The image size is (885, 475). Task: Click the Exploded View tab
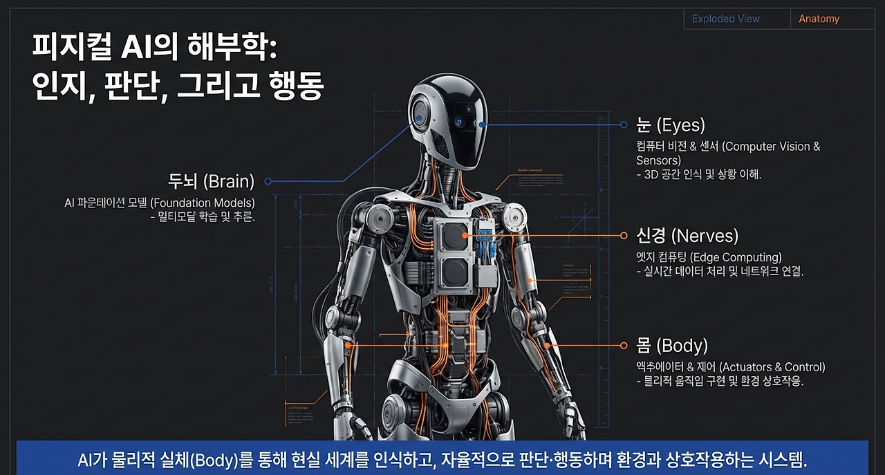(725, 19)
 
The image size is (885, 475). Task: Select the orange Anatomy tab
(819, 19)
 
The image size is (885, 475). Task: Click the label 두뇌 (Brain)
(211, 182)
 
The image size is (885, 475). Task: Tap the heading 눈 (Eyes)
(671, 125)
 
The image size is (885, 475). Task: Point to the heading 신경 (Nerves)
(687, 236)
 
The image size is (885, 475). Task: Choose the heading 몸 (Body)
(672, 345)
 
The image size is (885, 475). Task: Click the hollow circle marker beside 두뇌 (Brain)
(268, 182)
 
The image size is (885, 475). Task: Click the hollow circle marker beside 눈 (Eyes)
(623, 125)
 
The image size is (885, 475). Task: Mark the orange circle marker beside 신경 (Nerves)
(623, 236)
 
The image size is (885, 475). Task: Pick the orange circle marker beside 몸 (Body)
(623, 345)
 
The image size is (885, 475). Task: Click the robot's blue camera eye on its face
(459, 122)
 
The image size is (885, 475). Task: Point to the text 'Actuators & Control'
(772, 367)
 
